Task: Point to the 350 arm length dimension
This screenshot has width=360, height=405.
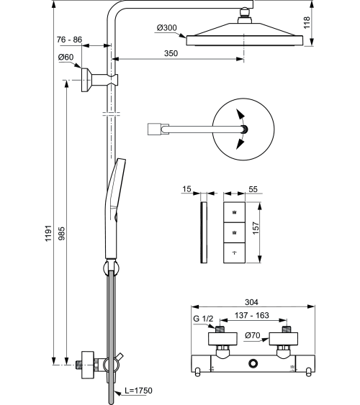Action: click(x=171, y=53)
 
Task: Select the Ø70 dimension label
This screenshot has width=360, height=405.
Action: click(x=252, y=335)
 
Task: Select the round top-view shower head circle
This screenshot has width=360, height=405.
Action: click(x=243, y=129)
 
